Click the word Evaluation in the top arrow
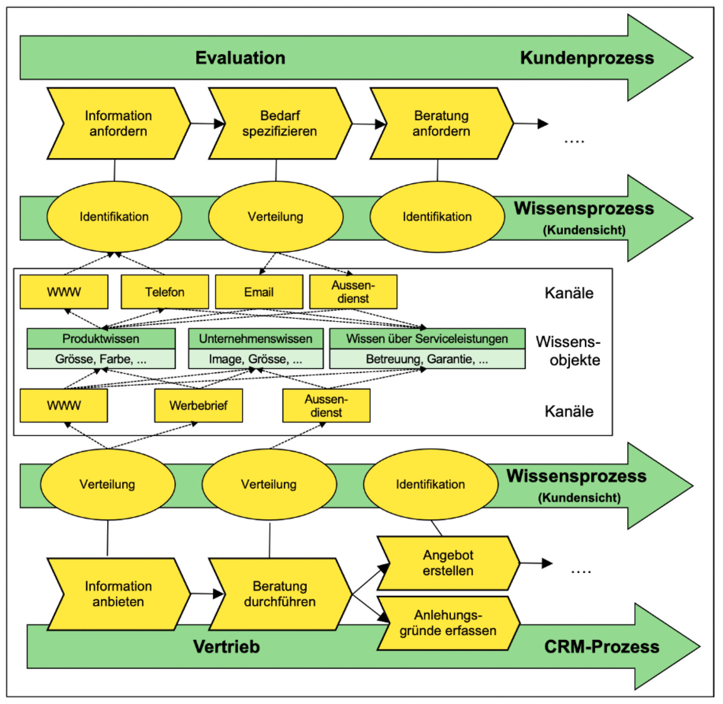coord(240,58)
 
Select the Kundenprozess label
coord(586,58)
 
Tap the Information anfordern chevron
coord(119,123)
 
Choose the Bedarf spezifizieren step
coord(280,123)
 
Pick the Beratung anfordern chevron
coord(441,123)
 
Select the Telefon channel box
coord(165,292)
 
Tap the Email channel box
coord(259,292)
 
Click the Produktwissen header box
coord(101,339)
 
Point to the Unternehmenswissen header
coord(256,339)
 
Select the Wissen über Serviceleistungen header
coord(427,339)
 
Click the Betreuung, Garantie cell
coord(427,359)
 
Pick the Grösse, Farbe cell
coord(101,359)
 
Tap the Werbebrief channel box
coord(198,405)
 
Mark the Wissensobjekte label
coord(569,351)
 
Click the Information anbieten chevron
coord(119,594)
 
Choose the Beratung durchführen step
coord(280,594)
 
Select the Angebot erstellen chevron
coord(448,563)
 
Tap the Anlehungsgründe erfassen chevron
coord(448,623)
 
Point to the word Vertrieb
coord(226,647)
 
